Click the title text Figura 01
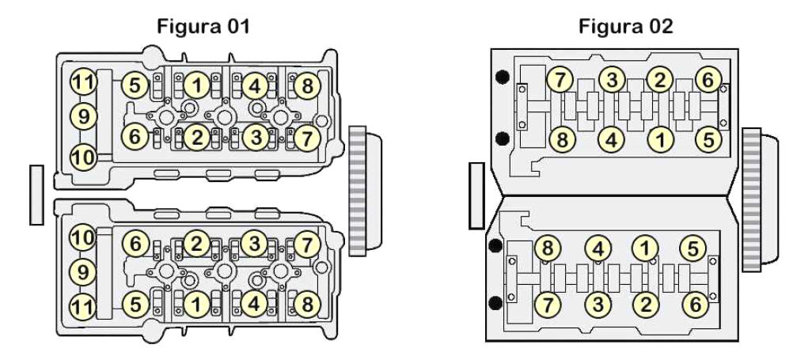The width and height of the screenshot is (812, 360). click(x=203, y=26)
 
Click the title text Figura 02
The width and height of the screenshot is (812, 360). click(x=626, y=25)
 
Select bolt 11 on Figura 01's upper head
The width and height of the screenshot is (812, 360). click(x=83, y=81)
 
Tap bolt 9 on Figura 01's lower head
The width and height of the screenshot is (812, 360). click(x=83, y=272)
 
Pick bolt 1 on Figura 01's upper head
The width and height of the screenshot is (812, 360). click(x=197, y=85)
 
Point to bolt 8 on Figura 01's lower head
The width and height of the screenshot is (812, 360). click(x=307, y=305)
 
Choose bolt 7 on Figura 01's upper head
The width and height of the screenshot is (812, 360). click(x=307, y=138)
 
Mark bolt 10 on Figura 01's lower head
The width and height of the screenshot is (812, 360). click(x=83, y=237)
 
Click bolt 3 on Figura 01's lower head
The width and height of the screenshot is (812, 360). click(x=254, y=244)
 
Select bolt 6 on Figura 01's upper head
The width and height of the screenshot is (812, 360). click(x=135, y=137)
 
